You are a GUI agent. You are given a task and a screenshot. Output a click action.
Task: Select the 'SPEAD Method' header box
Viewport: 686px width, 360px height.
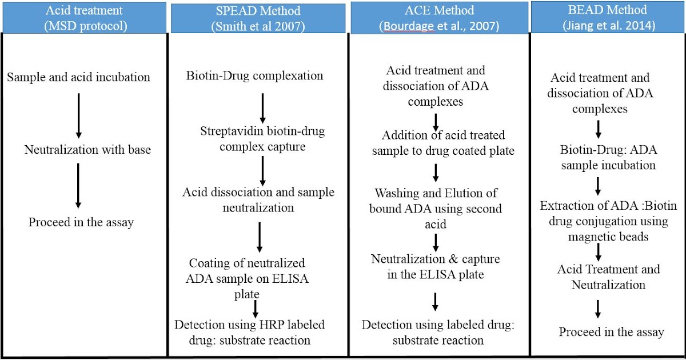coord(257,18)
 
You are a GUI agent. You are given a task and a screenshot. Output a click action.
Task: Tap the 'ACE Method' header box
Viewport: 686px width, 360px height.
coord(437,17)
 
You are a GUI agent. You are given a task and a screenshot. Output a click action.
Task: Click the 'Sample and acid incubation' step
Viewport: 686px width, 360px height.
coord(79,77)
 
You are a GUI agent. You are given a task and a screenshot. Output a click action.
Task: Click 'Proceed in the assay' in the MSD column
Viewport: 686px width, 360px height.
coord(81,222)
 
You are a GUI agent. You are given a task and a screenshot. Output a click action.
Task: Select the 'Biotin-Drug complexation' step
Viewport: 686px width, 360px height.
coord(255,75)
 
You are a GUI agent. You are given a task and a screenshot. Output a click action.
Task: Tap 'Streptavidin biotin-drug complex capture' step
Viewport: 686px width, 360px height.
coord(262,139)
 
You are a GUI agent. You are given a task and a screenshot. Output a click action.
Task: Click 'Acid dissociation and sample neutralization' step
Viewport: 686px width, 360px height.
coord(258,199)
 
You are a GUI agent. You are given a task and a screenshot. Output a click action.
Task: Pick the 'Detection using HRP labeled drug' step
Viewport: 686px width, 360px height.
coord(250,332)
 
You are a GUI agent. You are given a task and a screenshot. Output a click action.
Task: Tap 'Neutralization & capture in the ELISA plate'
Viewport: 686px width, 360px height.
coord(436,267)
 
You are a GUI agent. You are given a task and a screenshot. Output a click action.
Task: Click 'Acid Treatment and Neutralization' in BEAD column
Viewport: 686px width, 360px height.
coord(608,277)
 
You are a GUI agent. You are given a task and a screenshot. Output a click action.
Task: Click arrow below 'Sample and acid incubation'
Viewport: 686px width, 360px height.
coord(79,115)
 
